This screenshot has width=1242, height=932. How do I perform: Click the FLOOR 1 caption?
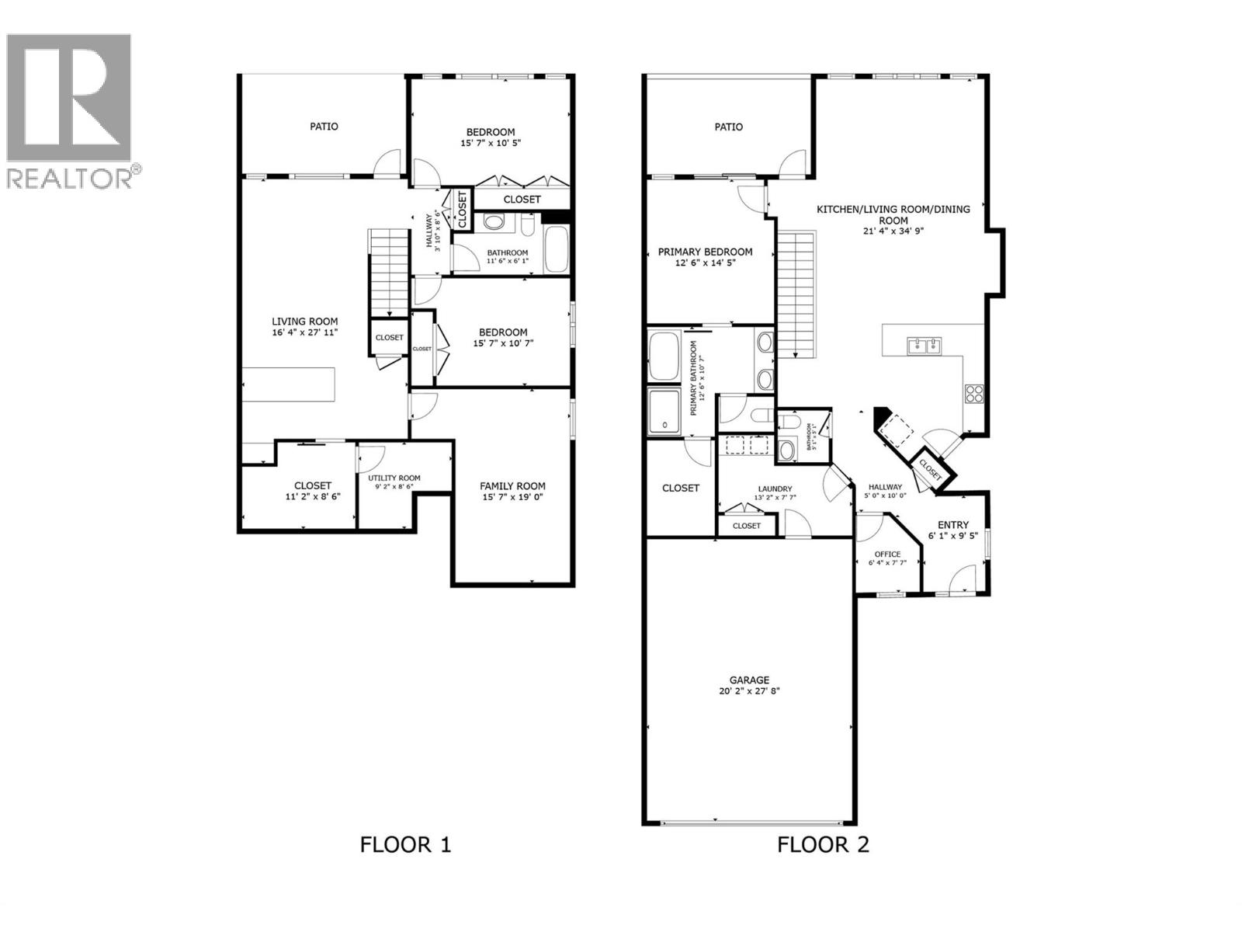coord(405,844)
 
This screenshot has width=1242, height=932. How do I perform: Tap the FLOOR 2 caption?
coord(823,844)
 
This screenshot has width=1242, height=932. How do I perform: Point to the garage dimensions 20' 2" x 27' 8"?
coord(748,690)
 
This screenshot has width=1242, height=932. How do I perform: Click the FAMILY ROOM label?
coord(512,486)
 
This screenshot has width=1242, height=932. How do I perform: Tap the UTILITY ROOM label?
coord(394,478)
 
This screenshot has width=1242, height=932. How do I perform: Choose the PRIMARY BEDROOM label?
coord(705,252)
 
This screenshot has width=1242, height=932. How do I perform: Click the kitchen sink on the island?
coord(923,345)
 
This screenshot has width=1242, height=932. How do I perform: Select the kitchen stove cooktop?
coord(973,394)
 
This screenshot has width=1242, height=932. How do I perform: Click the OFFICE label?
coord(887,555)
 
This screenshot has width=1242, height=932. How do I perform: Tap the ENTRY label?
coord(952,525)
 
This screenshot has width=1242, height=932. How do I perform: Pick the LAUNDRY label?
coord(774,489)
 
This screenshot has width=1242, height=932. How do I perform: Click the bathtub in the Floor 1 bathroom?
coord(556,249)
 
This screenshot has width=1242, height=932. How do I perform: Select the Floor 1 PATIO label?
coord(324,126)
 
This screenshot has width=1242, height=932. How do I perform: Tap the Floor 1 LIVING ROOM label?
coord(304,321)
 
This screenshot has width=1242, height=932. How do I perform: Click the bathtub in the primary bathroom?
coord(664,356)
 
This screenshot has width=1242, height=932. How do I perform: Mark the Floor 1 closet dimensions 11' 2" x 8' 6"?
coord(313,496)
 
